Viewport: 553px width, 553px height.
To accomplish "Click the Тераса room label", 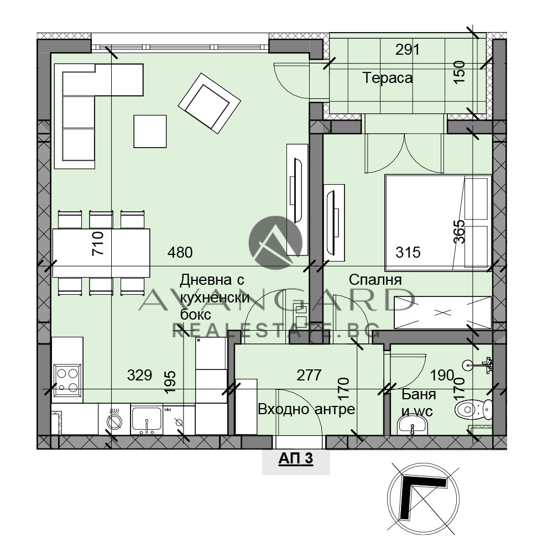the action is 387,78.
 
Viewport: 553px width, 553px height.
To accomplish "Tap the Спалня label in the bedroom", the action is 375,280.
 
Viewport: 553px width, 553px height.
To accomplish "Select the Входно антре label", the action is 306,409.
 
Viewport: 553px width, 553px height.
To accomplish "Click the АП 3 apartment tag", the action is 295,459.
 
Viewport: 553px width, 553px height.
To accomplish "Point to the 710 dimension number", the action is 98,243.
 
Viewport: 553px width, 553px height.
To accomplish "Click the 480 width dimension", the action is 180,253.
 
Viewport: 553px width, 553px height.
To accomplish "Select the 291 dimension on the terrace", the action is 408,50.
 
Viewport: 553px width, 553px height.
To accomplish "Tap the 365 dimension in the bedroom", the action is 459,232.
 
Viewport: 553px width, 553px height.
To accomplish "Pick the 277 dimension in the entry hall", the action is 309,375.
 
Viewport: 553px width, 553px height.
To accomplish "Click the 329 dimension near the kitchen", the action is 140,375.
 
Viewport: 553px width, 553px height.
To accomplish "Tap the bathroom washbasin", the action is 413,425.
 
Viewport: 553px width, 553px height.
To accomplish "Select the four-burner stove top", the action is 67,380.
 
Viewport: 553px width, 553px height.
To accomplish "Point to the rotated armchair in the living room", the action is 210,103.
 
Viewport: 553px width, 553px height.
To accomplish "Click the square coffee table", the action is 150,131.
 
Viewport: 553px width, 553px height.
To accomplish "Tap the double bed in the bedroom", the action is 439,222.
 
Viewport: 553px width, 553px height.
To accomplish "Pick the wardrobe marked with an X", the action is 442,312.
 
